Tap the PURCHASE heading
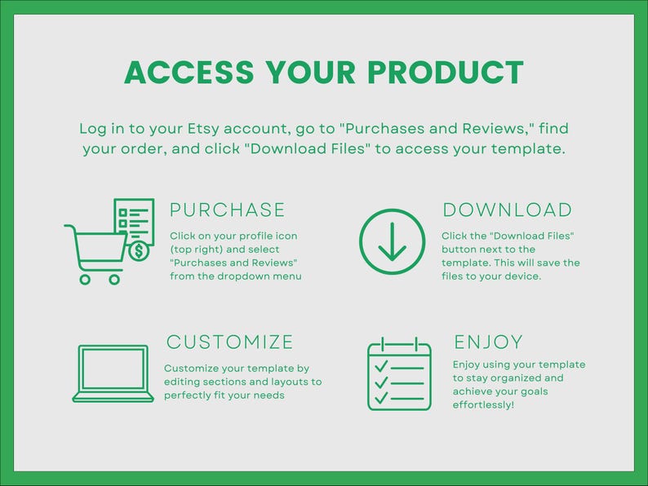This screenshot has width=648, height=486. coord(228,210)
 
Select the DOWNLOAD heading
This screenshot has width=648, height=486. coord(507,210)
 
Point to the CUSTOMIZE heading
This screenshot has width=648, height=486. coord(229,342)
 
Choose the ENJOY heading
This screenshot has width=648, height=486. coord(488,342)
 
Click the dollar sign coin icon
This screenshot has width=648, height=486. coord(139,250)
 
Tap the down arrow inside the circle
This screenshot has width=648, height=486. coord(393,241)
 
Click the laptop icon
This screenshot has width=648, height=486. coord(113,373)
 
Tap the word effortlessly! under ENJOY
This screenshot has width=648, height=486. coord(484,404)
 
